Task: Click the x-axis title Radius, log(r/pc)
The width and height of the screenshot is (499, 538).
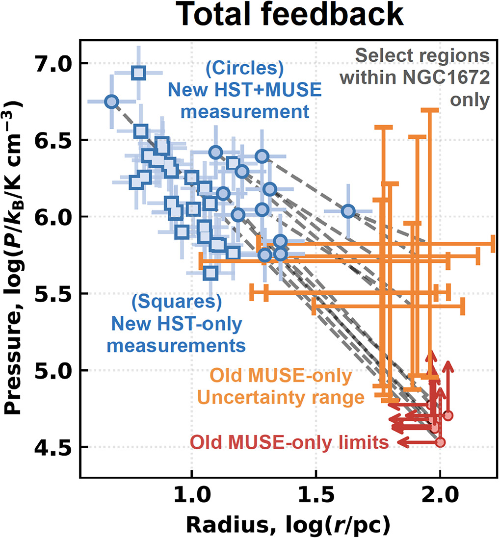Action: pos(289,525)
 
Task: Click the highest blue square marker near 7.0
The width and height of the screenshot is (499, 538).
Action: pos(139,73)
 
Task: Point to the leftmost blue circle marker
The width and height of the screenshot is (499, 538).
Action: pos(112,102)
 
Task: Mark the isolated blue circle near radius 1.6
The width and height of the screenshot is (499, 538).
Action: pos(348,211)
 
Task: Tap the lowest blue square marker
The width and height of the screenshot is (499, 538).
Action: pos(210,273)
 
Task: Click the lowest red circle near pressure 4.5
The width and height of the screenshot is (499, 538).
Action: pos(441,442)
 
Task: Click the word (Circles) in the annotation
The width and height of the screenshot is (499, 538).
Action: pos(245,68)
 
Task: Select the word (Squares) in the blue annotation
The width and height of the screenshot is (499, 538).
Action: pos(177,302)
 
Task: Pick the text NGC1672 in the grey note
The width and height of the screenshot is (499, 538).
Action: pos(446,78)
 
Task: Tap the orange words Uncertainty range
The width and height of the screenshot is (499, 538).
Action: pos(281,398)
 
